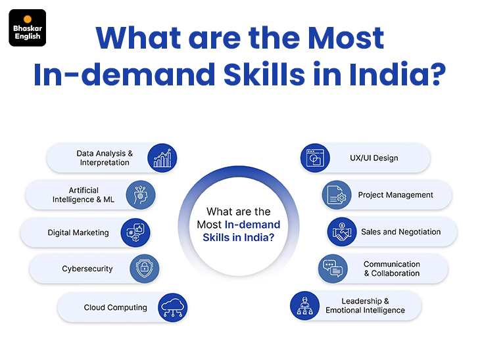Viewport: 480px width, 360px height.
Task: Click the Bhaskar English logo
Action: pyautogui.click(x=27, y=28)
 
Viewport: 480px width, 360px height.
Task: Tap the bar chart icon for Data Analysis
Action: pyautogui.click(x=162, y=158)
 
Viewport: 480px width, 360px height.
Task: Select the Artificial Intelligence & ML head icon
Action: pyautogui.click(x=141, y=195)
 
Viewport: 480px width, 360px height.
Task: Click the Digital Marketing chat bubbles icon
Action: pyautogui.click(x=135, y=233)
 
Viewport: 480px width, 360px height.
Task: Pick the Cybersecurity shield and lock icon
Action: pyautogui.click(x=145, y=269)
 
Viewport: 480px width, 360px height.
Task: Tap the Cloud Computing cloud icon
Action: pyautogui.click(x=173, y=307)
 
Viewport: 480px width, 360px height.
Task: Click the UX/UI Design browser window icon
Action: pyautogui.click(x=315, y=158)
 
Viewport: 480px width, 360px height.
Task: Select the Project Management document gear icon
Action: pyautogui.click(x=337, y=195)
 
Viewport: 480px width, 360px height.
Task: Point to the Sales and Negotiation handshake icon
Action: pyautogui.click(x=342, y=232)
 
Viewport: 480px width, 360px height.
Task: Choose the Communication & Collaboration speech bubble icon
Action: pyautogui.click(x=333, y=269)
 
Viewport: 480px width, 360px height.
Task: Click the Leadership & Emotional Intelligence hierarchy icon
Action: pyautogui.click(x=305, y=305)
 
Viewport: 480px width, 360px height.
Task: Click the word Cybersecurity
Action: pyautogui.click(x=87, y=269)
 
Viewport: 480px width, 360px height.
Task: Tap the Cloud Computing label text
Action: pyautogui.click(x=116, y=307)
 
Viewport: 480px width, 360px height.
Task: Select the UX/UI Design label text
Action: pyautogui.click(x=374, y=158)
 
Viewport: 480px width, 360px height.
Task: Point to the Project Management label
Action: pyautogui.click(x=396, y=195)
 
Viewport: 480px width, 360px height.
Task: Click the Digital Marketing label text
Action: pyautogui.click(x=78, y=233)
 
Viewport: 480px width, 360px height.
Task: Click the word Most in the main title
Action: pyautogui.click(x=346, y=38)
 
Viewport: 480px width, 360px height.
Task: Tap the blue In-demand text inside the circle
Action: pyautogui.click(x=252, y=225)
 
